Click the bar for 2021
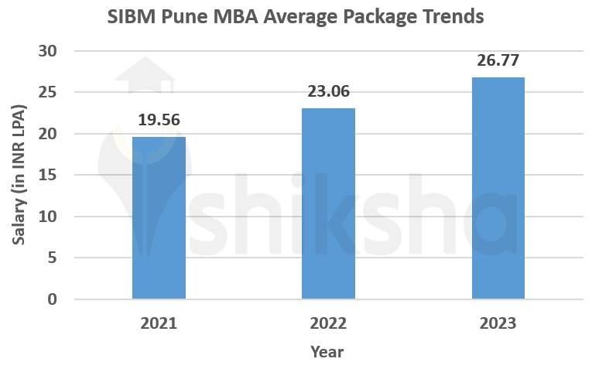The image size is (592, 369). pyautogui.click(x=159, y=217)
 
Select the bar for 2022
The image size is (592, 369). pyautogui.click(x=328, y=203)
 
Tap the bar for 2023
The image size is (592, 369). pyautogui.click(x=498, y=188)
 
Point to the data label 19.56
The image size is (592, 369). pyautogui.click(x=159, y=120)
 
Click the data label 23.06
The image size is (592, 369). pyautogui.click(x=328, y=91)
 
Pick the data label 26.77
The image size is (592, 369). pyautogui.click(x=498, y=60)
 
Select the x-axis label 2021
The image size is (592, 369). pyautogui.click(x=159, y=323)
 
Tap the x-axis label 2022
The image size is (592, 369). pyautogui.click(x=328, y=323)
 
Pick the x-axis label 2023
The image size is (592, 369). pyautogui.click(x=498, y=323)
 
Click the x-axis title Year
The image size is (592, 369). pyautogui.click(x=327, y=352)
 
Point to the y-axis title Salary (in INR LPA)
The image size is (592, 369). pyautogui.click(x=20, y=175)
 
